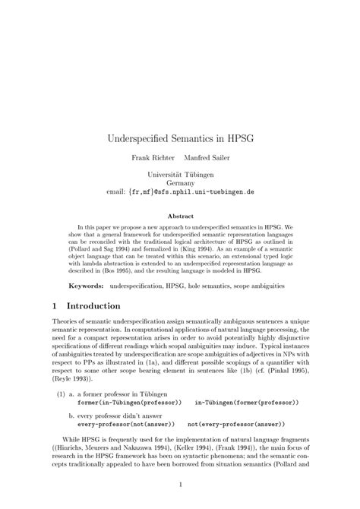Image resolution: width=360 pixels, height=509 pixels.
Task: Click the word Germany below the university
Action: (x=179, y=184)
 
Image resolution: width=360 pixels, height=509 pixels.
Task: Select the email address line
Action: (x=179, y=193)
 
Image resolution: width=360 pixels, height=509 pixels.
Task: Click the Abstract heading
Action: (x=179, y=215)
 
